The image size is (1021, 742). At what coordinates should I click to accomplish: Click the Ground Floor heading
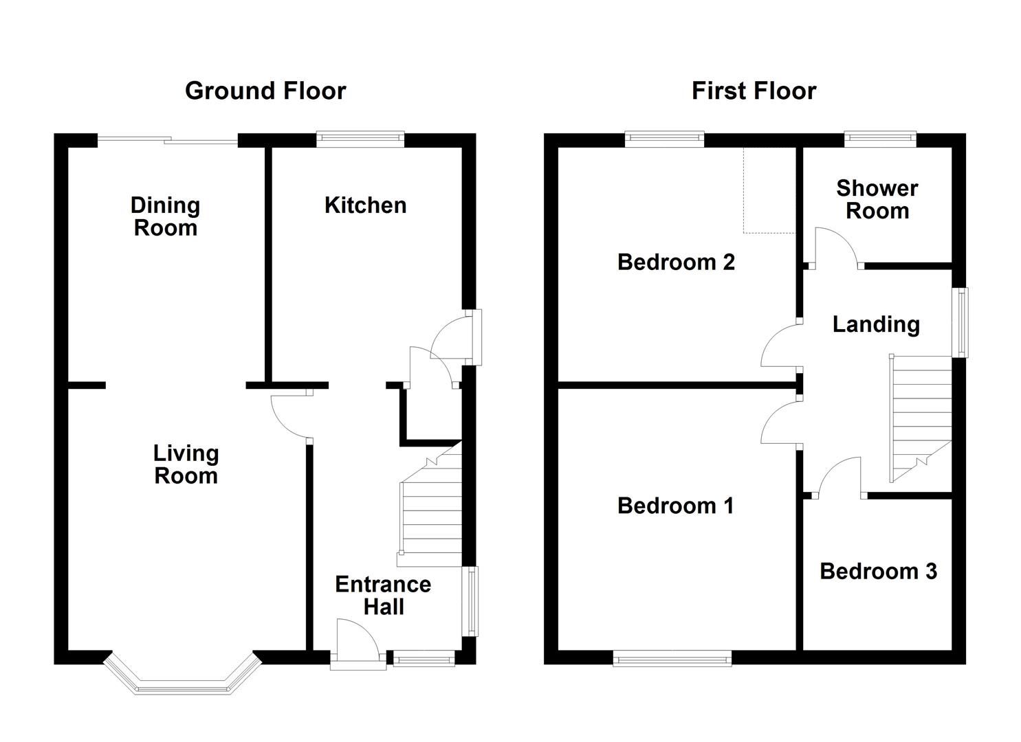point(265,91)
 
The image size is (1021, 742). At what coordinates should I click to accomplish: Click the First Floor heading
point(754,91)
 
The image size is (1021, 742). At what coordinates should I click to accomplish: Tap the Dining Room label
point(165,216)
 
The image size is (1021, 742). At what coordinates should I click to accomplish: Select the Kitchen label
point(365,205)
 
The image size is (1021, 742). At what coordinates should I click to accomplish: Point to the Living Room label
point(186,464)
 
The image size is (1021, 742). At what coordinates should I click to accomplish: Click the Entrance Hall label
point(383,596)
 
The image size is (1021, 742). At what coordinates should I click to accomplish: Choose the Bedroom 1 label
point(675,506)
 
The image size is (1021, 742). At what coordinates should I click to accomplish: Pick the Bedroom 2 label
point(676,262)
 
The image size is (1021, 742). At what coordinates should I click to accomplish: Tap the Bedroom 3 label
point(878,571)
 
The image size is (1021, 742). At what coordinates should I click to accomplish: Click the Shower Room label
point(877,199)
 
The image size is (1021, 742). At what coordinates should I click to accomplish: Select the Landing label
point(876,324)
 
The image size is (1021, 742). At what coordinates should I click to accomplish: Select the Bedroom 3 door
point(837,480)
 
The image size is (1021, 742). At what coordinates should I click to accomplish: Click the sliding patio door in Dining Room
point(168,142)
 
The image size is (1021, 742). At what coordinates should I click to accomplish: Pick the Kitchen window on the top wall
point(360,140)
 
